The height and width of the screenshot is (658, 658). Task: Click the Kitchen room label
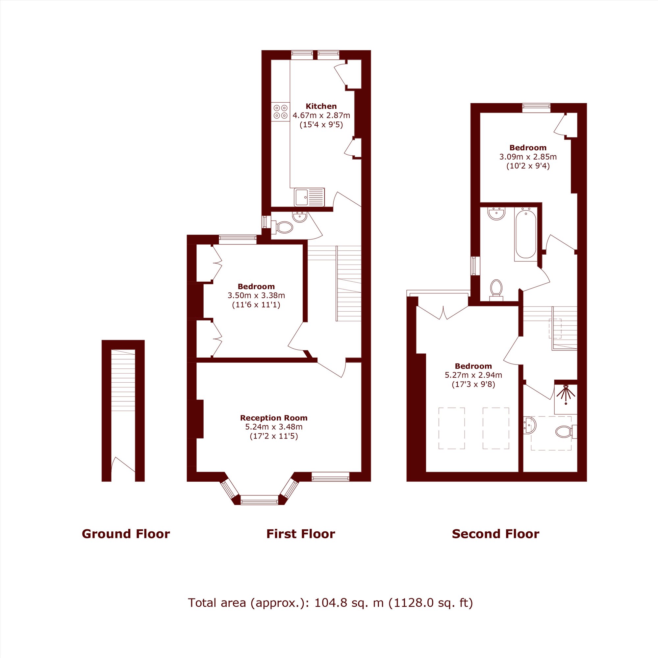click(321, 106)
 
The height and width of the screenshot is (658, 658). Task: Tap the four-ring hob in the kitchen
click(281, 112)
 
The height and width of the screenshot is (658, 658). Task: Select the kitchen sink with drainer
click(309, 197)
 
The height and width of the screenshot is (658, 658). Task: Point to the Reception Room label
click(273, 418)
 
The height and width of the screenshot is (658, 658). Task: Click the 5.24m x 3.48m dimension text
click(274, 427)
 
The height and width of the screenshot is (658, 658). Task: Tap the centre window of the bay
click(260, 500)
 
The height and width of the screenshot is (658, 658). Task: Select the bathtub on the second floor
click(526, 234)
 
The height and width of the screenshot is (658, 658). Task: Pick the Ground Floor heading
click(126, 534)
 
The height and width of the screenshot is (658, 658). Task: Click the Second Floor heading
click(495, 534)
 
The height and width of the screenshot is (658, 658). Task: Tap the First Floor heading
click(301, 534)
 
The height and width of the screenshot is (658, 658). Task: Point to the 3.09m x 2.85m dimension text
click(528, 157)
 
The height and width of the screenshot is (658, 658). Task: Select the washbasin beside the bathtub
click(496, 214)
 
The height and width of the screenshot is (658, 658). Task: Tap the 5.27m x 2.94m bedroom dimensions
click(473, 375)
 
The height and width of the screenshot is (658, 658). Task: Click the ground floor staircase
click(123, 380)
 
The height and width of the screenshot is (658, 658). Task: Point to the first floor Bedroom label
click(256, 287)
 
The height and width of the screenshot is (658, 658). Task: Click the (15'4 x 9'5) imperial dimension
click(321, 125)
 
